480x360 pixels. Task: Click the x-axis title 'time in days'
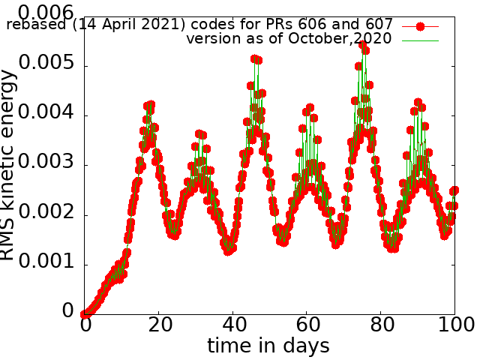[268, 346]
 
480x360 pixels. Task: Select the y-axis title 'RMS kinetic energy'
[9, 165]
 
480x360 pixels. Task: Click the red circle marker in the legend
[420, 26]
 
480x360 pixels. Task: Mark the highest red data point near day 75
[363, 46]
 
